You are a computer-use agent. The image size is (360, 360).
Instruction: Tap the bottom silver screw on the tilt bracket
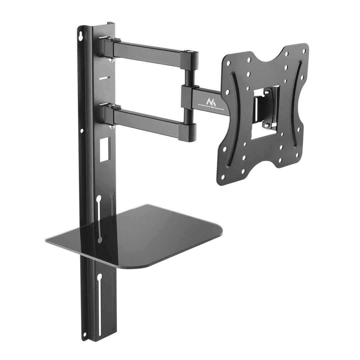266,125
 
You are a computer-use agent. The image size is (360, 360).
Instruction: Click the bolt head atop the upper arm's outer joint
189,52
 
